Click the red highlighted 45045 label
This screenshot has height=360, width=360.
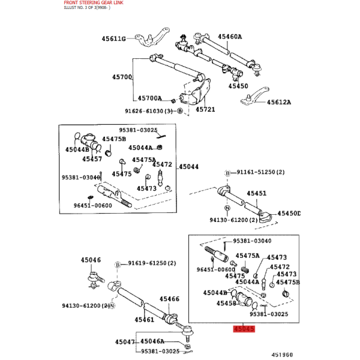tap(244, 329)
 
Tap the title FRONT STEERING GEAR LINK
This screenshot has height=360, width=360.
tap(94, 2)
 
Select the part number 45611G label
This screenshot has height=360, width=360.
tap(113, 38)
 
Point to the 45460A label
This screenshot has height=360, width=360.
tap(230, 37)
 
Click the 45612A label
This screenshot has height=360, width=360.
tap(279, 102)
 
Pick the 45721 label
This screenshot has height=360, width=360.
tap(205, 109)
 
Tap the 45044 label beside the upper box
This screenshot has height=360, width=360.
tap(189, 166)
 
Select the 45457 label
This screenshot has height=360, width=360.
tap(92, 159)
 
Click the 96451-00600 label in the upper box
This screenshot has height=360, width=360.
tap(93, 205)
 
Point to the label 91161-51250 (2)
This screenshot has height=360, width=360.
tap(260, 172)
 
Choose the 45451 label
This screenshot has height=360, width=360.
tap(257, 193)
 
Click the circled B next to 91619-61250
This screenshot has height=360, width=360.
tap(118, 265)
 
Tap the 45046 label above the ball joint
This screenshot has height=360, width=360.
tap(91, 260)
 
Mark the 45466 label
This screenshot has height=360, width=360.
tap(169, 299)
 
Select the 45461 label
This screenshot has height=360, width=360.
tap(145, 320)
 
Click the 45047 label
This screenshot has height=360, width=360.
tap(125, 342)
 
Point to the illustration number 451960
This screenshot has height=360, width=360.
tap(282, 355)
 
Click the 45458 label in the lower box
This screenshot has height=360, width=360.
tap(226, 303)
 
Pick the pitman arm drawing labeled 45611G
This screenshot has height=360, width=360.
tap(152, 37)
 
